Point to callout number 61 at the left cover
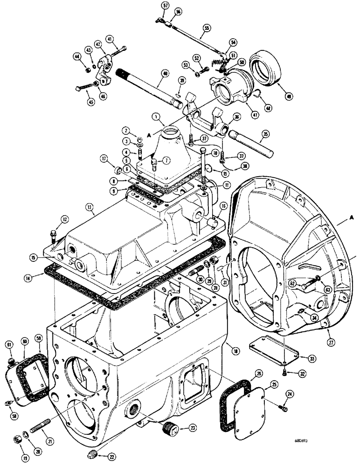[10, 344]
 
